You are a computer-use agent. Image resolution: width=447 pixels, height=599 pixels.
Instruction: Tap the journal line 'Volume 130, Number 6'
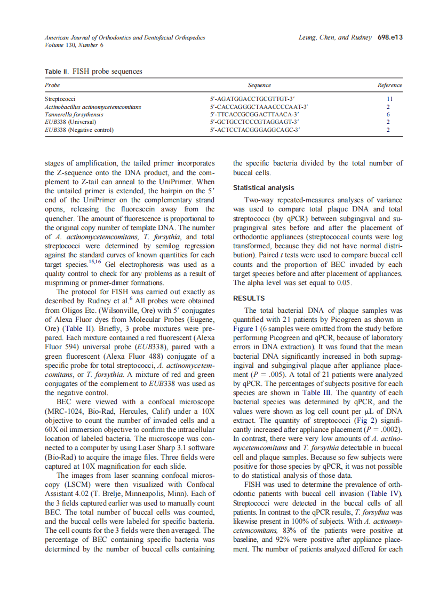pyautogui.click(x=74, y=45)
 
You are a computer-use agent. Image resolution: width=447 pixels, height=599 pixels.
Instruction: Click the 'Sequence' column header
pyautogui.click(x=259, y=85)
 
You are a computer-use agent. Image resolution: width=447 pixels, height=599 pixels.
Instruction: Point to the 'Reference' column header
pyautogui.click(x=389, y=85)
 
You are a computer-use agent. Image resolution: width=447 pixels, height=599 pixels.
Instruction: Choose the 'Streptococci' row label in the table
pyautogui.click(x=60, y=99)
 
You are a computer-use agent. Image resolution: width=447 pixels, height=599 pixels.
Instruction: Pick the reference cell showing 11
pyautogui.click(x=389, y=99)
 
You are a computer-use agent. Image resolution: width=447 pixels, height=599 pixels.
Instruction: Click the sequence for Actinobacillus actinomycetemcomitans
pyautogui.click(x=259, y=107)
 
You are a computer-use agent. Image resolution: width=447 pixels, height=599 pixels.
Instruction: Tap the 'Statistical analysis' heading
pyautogui.click(x=264, y=188)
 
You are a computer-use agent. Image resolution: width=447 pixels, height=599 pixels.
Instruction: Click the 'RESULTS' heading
pyautogui.click(x=249, y=298)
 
